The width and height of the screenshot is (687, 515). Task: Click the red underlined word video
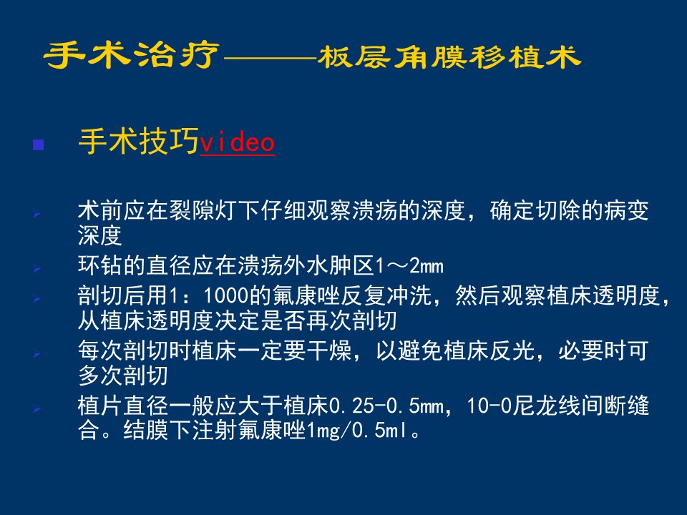click(x=238, y=142)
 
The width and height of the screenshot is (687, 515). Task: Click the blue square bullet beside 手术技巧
click(x=39, y=144)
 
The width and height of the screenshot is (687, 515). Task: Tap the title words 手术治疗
click(x=132, y=56)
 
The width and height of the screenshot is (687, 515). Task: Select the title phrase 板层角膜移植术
click(x=449, y=57)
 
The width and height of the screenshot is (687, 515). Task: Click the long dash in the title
click(x=270, y=58)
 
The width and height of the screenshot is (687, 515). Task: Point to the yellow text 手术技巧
click(x=139, y=142)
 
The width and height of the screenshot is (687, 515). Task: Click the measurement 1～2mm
click(x=409, y=266)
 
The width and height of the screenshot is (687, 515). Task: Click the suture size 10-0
click(x=489, y=406)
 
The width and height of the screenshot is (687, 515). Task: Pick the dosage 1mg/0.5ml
click(x=357, y=431)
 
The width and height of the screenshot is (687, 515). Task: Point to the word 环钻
click(x=100, y=266)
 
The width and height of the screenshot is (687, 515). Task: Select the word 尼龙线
click(x=546, y=406)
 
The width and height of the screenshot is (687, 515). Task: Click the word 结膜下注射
click(x=180, y=431)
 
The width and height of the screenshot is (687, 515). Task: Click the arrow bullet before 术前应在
click(x=37, y=214)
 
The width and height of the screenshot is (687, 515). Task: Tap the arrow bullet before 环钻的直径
click(x=37, y=269)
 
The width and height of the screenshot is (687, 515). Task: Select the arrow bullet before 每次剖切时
click(x=37, y=353)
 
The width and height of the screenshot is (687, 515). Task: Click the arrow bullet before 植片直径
click(x=37, y=408)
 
